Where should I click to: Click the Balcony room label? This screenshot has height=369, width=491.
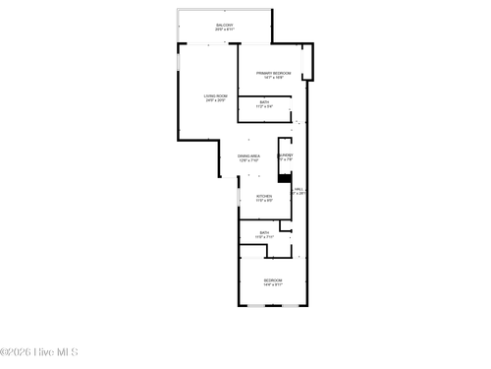click(x=225, y=25)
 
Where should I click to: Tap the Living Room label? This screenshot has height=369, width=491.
click(x=216, y=95)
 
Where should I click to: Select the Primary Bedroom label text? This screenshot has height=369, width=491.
click(x=274, y=73)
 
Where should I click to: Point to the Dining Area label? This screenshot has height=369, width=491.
click(x=248, y=155)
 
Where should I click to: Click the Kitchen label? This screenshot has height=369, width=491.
click(x=264, y=196)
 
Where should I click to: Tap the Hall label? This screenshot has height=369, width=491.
click(x=298, y=189)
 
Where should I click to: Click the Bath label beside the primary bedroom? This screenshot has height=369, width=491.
click(x=265, y=102)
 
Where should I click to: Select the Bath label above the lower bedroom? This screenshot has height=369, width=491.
click(x=265, y=232)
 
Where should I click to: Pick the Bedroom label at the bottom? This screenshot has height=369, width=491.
click(x=272, y=280)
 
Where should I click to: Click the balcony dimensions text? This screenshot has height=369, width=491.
click(x=225, y=30)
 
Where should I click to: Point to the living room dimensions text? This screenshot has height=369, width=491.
click(x=216, y=100)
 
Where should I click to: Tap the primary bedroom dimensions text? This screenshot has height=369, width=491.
click(x=274, y=78)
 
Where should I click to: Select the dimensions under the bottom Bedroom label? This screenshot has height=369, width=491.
click(x=272, y=285)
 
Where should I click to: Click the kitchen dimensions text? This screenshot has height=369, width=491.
click(x=264, y=201)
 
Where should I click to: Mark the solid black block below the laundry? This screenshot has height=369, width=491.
click(x=285, y=178)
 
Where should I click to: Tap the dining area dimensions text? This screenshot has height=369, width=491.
click(x=248, y=160)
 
